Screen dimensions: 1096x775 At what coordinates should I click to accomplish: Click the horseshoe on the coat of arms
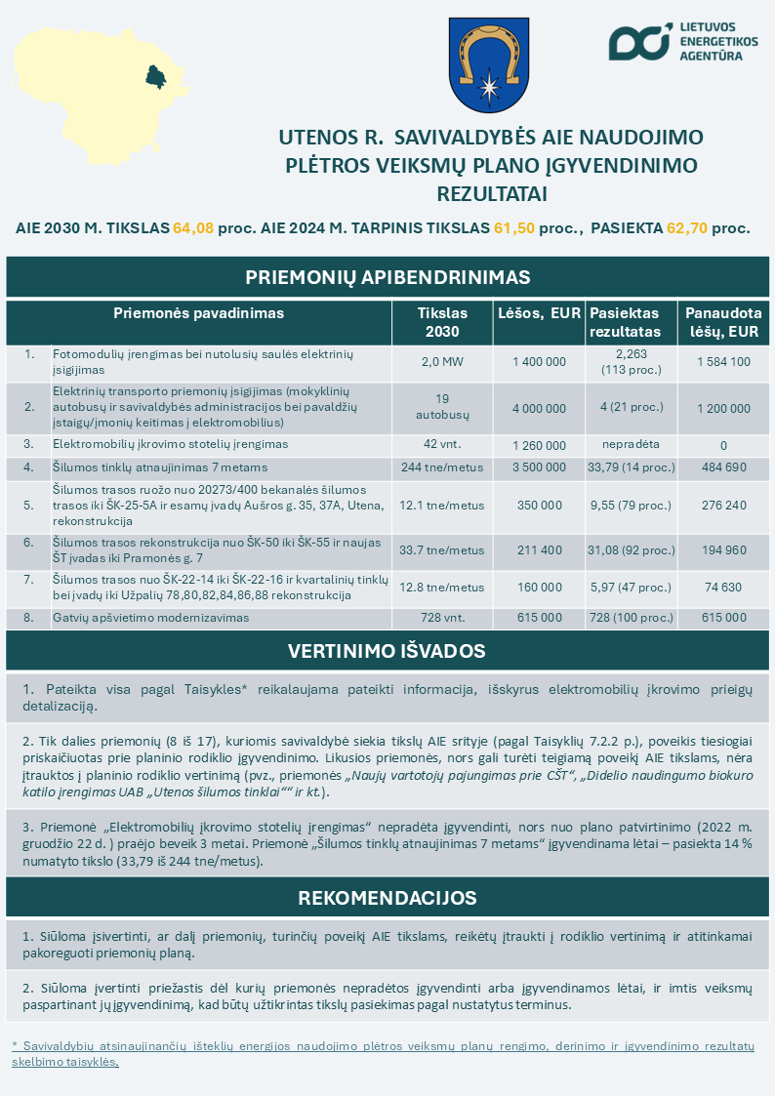click(x=488, y=55)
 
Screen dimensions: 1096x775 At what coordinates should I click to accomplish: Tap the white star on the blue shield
click(x=488, y=88)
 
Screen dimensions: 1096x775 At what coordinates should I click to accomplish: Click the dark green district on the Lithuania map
click(x=153, y=75)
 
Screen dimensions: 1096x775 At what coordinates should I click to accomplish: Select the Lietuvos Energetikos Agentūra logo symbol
click(x=639, y=41)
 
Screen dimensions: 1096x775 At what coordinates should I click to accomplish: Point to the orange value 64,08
click(x=193, y=228)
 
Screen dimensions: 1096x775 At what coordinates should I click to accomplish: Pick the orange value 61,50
click(x=514, y=228)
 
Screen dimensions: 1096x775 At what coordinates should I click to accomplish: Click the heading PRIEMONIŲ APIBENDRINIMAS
click(x=387, y=277)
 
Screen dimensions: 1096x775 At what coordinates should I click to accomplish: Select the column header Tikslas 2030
click(x=442, y=322)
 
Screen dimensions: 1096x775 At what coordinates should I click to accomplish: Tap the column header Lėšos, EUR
click(x=539, y=313)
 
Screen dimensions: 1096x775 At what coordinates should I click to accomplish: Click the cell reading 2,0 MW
click(x=442, y=362)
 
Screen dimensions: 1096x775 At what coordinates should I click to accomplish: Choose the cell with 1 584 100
click(x=723, y=362)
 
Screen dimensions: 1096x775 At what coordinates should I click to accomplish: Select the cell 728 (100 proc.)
click(x=631, y=618)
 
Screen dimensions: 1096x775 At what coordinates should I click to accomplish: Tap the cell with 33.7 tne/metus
click(x=442, y=550)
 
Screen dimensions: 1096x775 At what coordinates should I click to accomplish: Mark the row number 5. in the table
click(x=28, y=506)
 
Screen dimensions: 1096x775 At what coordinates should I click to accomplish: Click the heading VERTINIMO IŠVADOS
click(x=387, y=650)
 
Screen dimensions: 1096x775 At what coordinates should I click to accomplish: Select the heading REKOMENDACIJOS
click(x=387, y=897)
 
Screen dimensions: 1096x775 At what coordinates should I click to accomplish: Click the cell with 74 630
click(x=723, y=588)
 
